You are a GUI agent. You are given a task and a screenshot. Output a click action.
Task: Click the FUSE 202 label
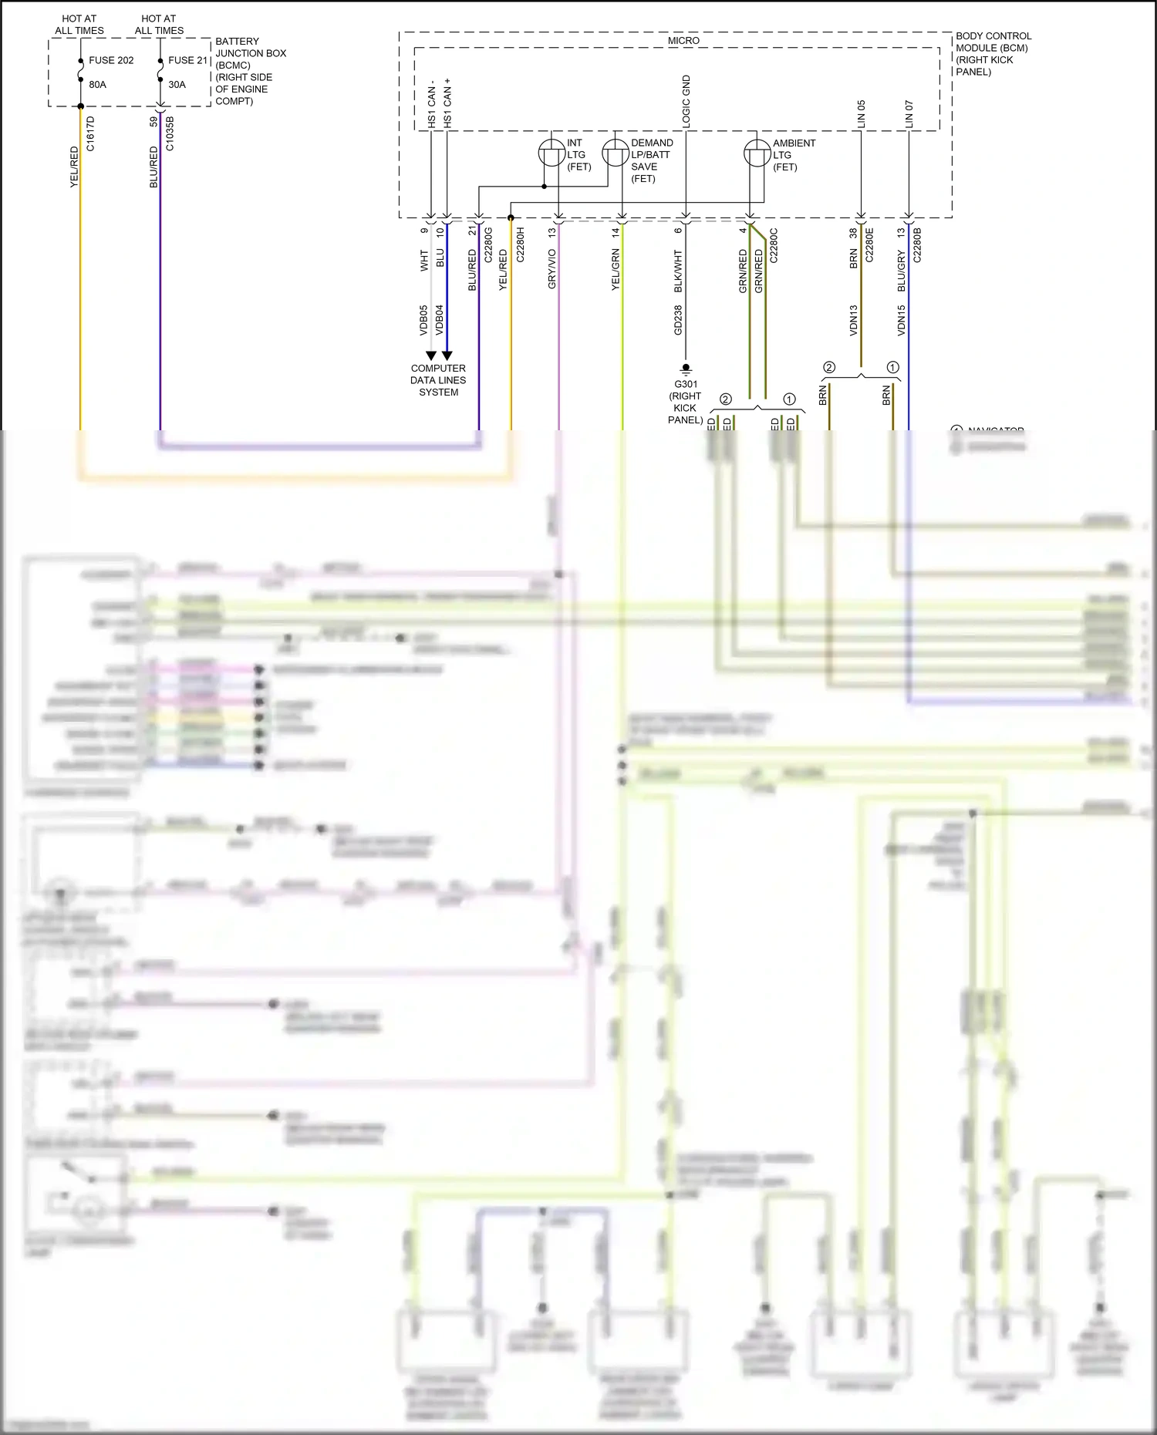111,60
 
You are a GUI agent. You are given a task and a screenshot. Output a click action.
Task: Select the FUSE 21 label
188,60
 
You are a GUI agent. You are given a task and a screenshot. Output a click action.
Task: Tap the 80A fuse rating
98,85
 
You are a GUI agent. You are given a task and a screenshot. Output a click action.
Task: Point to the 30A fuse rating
177,85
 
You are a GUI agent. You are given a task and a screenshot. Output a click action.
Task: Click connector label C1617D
90,133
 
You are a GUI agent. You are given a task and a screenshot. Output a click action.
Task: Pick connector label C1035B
170,133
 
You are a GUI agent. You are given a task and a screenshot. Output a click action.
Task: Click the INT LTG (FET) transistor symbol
552,153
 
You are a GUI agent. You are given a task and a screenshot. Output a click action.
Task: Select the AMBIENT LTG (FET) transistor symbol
757,153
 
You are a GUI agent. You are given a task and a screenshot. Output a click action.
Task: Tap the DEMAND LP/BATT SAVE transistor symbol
615,153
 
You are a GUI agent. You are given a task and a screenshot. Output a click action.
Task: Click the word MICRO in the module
683,41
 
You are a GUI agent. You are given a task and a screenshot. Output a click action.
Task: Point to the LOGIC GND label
686,101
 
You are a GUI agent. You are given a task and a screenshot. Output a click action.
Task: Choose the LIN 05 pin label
862,114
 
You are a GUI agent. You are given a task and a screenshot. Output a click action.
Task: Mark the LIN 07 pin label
909,114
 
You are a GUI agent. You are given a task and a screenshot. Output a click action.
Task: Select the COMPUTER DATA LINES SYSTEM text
438,380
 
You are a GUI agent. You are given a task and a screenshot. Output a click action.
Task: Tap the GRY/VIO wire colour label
552,269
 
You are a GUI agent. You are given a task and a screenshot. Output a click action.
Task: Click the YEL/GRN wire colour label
616,269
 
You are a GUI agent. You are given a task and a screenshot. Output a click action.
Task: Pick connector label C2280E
869,244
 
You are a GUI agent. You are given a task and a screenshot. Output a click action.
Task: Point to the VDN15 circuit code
901,320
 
